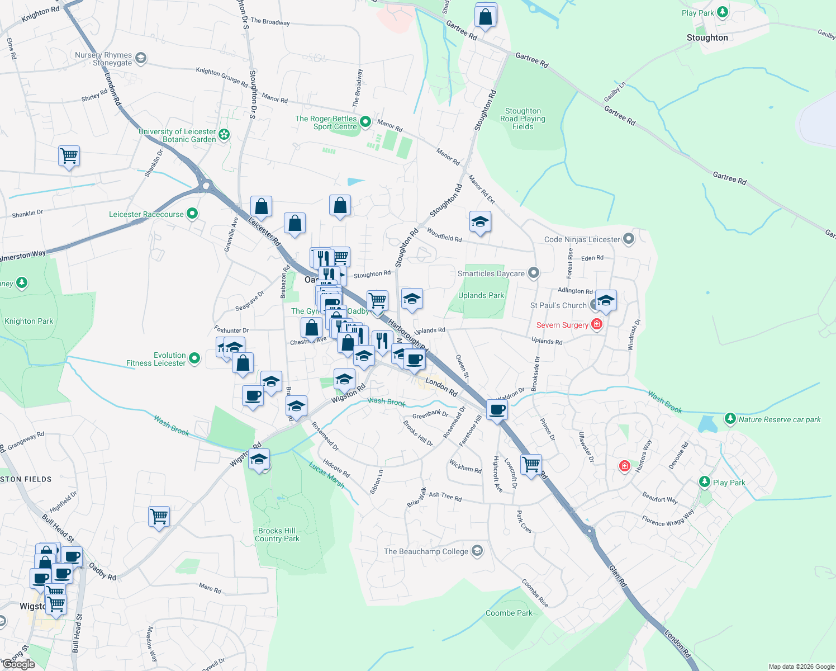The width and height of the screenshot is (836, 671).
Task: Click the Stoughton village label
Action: [707, 38]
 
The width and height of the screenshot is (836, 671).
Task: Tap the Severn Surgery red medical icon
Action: [597, 324]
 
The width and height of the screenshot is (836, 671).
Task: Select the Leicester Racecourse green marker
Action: [192, 214]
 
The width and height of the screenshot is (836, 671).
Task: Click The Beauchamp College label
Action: [426, 551]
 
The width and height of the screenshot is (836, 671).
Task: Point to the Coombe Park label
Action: [509, 613]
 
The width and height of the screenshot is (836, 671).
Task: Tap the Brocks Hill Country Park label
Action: [277, 535]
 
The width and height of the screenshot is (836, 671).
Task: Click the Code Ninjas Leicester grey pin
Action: [629, 239]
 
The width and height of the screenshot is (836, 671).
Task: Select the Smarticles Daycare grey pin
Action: [534, 273]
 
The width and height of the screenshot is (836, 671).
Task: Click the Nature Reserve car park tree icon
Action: [730, 418]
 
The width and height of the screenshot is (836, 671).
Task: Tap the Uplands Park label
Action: [481, 295]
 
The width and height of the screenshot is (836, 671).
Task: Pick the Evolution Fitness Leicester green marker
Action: [194, 358]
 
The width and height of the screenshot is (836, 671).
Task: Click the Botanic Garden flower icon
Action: [224, 134]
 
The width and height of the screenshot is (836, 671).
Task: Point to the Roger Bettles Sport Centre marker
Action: [365, 121]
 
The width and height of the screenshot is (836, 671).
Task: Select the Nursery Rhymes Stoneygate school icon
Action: [140, 58]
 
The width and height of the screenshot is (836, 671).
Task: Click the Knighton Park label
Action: [28, 321]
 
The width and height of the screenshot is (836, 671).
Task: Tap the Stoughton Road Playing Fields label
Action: [522, 119]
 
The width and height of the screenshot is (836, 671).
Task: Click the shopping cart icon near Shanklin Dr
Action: [69, 155]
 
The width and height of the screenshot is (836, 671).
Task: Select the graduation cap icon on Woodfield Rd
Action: [480, 222]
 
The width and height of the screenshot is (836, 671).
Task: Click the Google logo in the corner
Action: [18, 664]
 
